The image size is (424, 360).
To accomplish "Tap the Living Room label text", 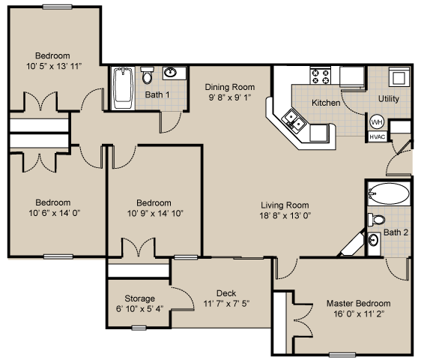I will click(x=285, y=205).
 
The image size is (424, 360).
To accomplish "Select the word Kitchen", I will click(x=326, y=103).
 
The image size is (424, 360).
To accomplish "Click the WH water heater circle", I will click(x=377, y=122).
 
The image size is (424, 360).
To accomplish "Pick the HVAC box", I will click(x=377, y=137).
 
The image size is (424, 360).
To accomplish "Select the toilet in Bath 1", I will click(x=147, y=76).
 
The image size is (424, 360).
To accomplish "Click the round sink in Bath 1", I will click(x=172, y=73).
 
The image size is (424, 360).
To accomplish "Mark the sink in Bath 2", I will click(x=374, y=240).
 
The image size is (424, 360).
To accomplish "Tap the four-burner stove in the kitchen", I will click(x=321, y=76).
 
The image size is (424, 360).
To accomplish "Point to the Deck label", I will click(x=226, y=293).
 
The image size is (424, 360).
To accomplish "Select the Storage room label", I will click(x=139, y=298).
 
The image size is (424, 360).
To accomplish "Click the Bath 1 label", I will click(x=157, y=95).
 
